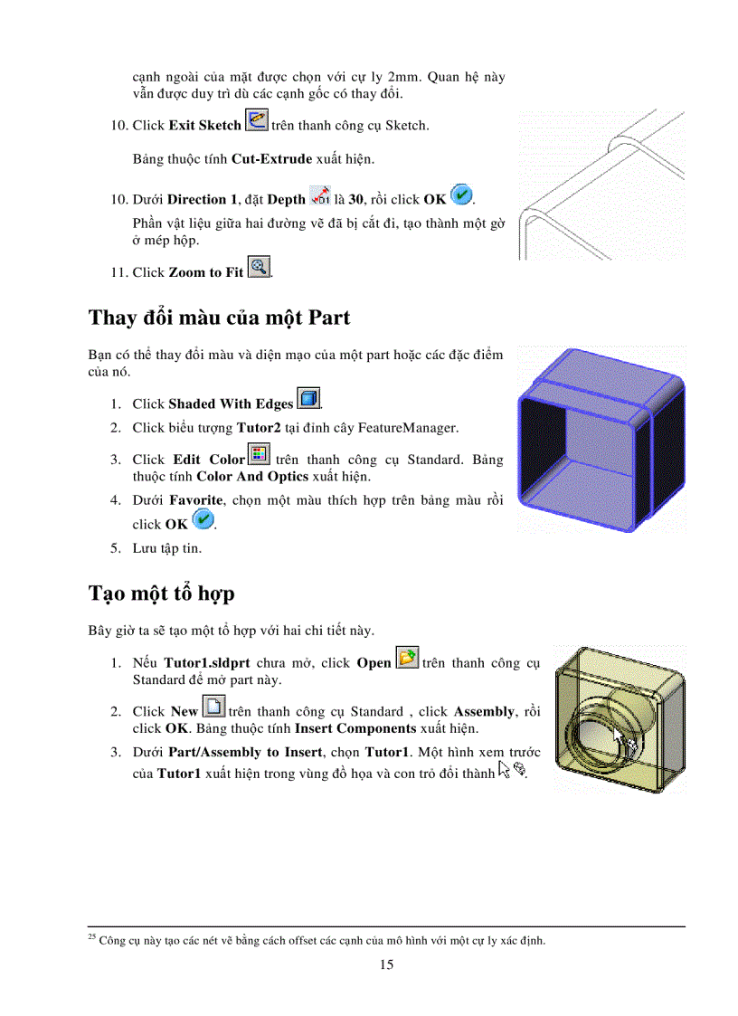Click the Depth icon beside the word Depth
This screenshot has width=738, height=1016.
coord(320,195)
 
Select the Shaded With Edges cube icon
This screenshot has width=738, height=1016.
coord(308,399)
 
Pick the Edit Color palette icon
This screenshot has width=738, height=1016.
coord(260,455)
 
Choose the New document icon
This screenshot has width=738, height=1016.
coord(214,707)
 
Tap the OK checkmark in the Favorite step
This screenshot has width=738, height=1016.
coord(203,520)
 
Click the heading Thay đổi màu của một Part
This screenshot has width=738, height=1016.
coord(219,318)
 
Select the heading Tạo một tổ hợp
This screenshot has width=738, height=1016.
coord(161,593)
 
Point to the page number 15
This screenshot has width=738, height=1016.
coord(386,964)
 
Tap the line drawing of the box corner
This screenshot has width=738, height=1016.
coord(601,185)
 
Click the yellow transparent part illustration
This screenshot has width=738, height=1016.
coord(620,719)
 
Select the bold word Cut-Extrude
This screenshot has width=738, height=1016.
coord(271,159)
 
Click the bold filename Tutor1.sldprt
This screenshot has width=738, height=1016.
coord(207,663)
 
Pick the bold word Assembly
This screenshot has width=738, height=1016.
coord(483,712)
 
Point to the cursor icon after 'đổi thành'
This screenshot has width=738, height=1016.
coord(512,771)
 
